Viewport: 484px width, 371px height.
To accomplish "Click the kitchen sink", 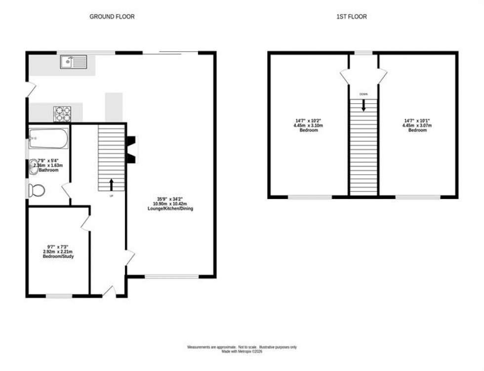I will (73, 62).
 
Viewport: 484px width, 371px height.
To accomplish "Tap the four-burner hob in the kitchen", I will (62, 114).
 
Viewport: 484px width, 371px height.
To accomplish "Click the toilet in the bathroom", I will (37, 189).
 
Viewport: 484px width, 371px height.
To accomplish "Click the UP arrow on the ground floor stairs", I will (111, 185).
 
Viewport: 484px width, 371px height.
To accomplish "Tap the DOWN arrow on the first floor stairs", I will (363, 105).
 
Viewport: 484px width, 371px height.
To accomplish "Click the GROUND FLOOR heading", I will (112, 17).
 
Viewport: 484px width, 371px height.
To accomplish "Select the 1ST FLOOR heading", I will (351, 17).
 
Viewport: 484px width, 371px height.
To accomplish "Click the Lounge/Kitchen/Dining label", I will (170, 209).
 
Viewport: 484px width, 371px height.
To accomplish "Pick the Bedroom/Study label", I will (58, 256).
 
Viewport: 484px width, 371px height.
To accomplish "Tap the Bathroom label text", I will (48, 170).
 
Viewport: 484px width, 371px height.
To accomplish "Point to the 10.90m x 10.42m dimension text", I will (170, 204).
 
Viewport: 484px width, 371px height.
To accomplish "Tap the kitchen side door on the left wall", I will (31, 90).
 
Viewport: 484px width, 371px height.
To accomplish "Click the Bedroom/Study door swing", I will (85, 223).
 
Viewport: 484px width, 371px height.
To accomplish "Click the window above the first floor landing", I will (364, 53).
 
